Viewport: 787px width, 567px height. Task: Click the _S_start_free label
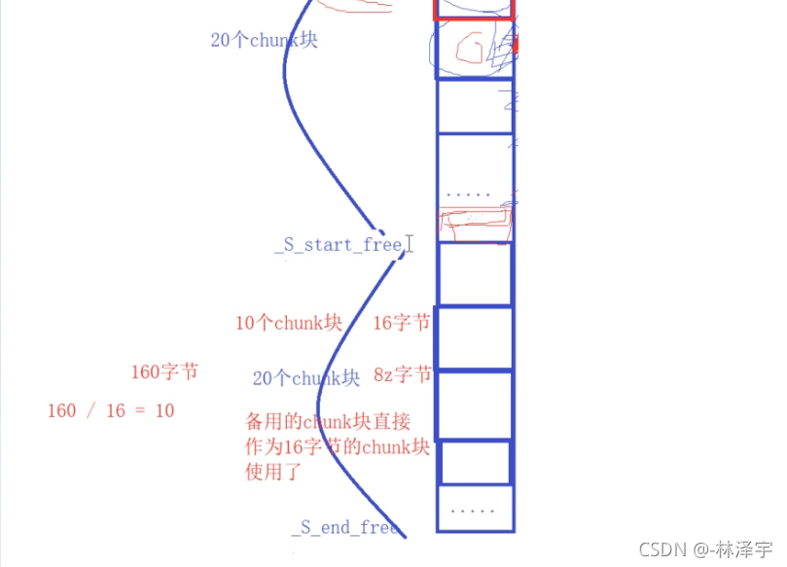[338, 244]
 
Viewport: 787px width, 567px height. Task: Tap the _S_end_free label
[344, 527]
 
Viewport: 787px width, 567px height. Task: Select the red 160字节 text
[164, 372]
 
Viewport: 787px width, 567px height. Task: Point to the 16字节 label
[402, 323]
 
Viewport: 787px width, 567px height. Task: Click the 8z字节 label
[402, 375]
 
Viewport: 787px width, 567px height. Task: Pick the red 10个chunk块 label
[289, 323]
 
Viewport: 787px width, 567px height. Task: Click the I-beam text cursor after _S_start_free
[410, 243]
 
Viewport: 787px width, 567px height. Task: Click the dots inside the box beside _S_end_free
[474, 509]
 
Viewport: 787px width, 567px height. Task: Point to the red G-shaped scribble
[475, 49]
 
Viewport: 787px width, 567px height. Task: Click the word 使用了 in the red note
[273, 473]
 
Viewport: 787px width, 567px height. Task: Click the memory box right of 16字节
[474, 337]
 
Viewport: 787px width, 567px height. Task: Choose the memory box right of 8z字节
[474, 404]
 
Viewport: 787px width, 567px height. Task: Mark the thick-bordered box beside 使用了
[475, 462]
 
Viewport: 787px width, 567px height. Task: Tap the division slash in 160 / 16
[91, 410]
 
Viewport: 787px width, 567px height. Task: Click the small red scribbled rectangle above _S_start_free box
[474, 223]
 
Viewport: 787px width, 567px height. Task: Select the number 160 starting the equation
[61, 410]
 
